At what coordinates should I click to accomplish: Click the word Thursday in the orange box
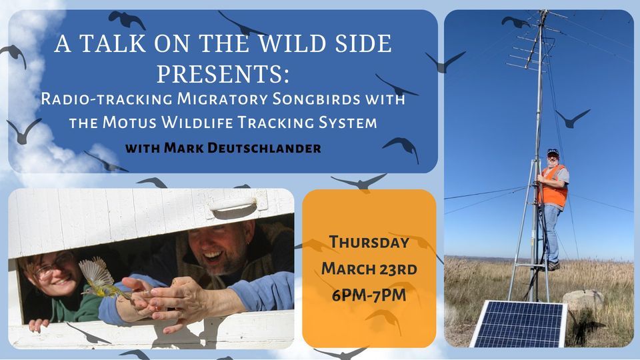(x=369, y=242)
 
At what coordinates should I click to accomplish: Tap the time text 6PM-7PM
(x=369, y=294)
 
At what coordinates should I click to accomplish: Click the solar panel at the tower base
(x=519, y=324)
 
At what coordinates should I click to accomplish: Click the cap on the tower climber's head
(x=553, y=152)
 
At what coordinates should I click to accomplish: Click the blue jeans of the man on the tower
(x=551, y=230)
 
